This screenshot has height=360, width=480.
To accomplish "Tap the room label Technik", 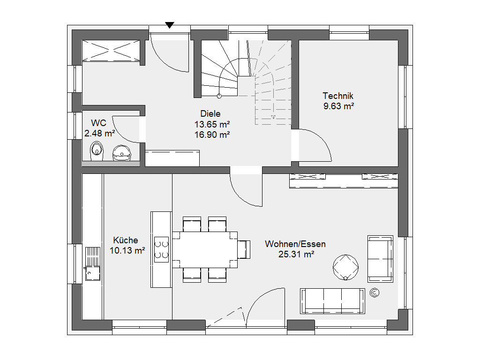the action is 338,96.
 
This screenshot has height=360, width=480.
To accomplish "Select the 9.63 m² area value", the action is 338,106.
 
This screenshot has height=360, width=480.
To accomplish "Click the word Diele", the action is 210,113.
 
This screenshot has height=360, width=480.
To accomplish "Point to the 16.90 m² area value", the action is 212,135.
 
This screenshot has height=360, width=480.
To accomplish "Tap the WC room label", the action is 98,123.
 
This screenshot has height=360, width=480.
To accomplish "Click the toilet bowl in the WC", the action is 97,151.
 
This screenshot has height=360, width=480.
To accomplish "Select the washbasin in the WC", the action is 122,153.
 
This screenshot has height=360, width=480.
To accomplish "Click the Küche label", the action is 126,240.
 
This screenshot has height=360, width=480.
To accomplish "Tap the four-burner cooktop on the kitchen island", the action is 161,249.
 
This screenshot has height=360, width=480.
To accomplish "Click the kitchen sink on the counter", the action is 93,264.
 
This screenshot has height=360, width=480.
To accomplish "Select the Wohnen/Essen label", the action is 295,244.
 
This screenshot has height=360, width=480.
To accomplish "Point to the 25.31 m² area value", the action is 296,254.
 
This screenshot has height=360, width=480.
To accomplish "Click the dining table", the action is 205,250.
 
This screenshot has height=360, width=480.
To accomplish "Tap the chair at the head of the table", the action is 244,249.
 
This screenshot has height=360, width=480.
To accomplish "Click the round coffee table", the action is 345,267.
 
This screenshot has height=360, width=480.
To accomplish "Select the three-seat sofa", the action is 332,301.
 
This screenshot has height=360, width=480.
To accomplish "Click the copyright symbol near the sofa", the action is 375,293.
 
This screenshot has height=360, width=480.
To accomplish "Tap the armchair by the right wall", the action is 380,259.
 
